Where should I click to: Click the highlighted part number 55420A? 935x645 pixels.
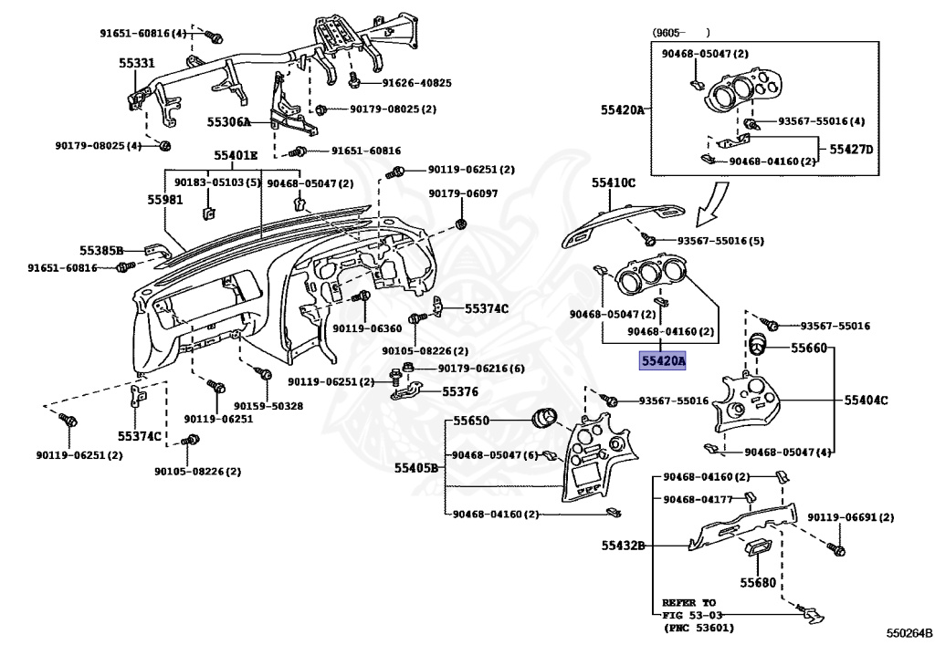click(663, 361)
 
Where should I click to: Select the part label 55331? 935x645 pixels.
click(137, 64)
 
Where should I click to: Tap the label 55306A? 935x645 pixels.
click(228, 121)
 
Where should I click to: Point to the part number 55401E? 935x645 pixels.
click(236, 155)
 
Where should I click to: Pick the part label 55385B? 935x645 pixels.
click(101, 249)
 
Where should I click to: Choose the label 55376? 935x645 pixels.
click(460, 391)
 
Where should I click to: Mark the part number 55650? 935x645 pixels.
click(472, 421)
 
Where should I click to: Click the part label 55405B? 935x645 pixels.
click(416, 468)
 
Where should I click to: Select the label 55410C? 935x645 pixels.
click(613, 183)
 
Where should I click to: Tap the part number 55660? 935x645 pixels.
click(808, 348)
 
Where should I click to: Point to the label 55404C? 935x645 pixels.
click(867, 401)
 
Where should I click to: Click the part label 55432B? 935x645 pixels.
click(623, 546)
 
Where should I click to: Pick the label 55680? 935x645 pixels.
click(757, 582)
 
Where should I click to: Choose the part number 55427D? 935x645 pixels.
click(851, 149)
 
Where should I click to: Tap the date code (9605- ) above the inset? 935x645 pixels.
click(680, 33)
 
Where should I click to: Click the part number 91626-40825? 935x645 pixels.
click(416, 83)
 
